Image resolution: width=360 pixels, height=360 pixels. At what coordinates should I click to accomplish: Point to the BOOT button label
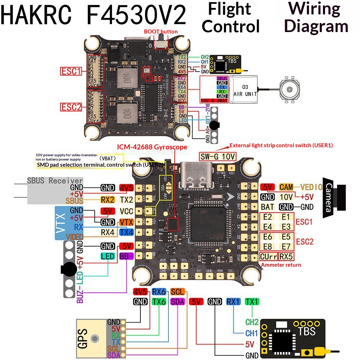[161, 32]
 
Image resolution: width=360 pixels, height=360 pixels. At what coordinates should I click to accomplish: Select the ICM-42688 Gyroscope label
[152, 147]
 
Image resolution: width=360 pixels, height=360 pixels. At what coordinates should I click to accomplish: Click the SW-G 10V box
[217, 156]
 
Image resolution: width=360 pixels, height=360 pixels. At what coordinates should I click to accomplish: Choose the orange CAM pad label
[286, 187]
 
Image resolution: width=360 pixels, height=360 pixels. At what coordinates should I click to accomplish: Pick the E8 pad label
[267, 247]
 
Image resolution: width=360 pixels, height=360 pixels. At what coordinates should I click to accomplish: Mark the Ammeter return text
[281, 265]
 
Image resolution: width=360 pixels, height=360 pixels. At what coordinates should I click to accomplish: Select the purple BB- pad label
[126, 256]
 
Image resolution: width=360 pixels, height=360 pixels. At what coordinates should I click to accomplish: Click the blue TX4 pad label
[126, 233]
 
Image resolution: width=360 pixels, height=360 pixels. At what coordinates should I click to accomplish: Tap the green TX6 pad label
[159, 302]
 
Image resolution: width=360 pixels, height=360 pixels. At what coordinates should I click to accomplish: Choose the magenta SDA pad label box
[177, 302]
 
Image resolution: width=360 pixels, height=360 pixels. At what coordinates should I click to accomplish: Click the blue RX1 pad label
[233, 302]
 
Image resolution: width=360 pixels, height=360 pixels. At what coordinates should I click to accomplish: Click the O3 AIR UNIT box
[245, 90]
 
